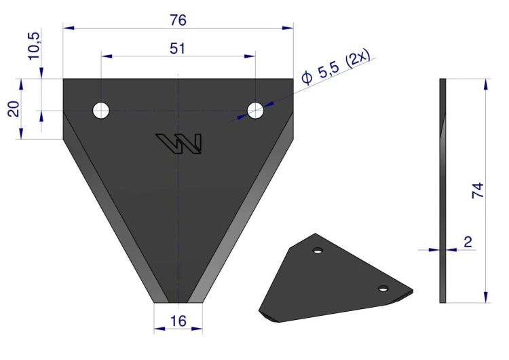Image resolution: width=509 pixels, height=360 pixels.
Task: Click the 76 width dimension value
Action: [178, 20]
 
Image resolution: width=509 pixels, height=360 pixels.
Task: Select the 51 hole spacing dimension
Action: [177, 48]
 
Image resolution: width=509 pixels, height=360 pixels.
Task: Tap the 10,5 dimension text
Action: [34, 46]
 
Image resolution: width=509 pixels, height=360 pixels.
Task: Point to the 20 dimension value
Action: [14, 109]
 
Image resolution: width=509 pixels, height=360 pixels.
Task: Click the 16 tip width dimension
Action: [178, 321]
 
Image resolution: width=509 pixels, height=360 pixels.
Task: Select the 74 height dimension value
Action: [478, 190]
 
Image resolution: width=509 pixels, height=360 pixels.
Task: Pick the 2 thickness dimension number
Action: [468, 242]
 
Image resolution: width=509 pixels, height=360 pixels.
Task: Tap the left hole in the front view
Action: [101, 111]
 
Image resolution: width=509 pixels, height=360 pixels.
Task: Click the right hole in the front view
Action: [255, 111]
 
